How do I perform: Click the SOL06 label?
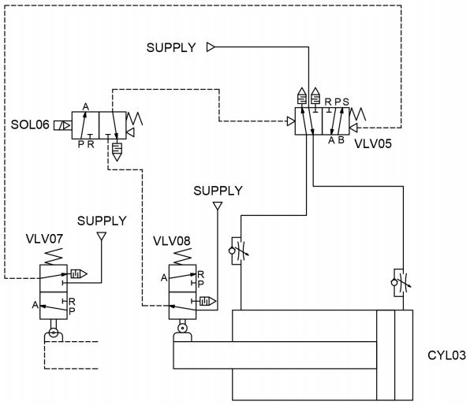pyautogui.click(x=29, y=124)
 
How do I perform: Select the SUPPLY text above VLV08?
pyautogui.click(x=218, y=190)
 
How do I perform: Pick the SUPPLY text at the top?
pyautogui.click(x=171, y=47)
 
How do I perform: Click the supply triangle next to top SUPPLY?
pyautogui.click(x=211, y=47)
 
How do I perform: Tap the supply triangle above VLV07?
pyautogui.click(x=101, y=236)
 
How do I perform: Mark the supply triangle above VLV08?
pyautogui.click(x=218, y=206)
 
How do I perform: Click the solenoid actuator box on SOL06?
pyautogui.click(x=62, y=125)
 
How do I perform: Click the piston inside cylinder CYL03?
pyautogui.click(x=386, y=355)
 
